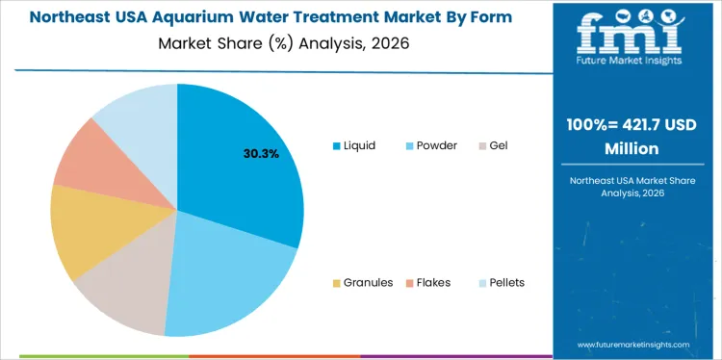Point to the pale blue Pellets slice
[x=140, y=116]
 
